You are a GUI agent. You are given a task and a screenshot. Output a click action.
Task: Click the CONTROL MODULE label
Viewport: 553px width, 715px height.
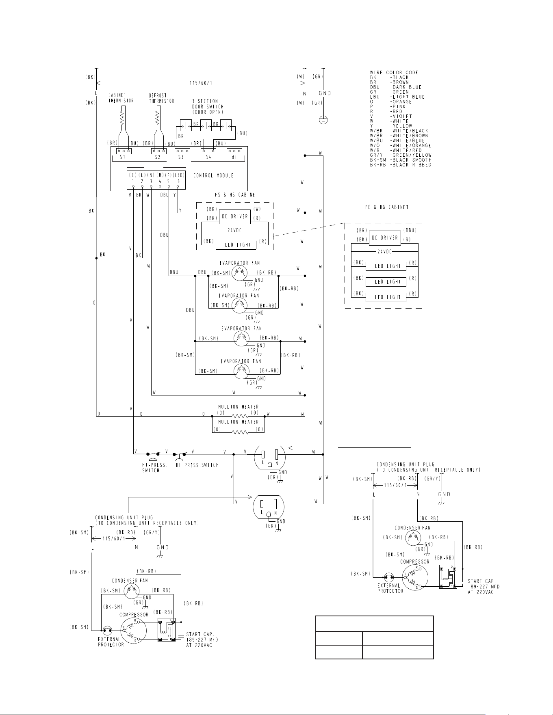(213, 176)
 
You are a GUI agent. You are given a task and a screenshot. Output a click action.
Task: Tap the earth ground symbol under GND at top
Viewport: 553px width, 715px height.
(323, 120)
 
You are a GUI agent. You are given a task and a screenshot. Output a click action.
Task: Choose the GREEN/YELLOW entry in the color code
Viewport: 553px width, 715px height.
(400, 155)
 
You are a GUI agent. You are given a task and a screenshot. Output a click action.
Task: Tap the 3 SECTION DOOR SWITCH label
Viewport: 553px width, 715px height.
(208, 106)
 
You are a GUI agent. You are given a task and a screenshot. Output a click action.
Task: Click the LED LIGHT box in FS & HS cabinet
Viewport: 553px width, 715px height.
(235, 245)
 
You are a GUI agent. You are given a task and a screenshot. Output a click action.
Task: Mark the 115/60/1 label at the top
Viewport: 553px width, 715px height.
(201, 84)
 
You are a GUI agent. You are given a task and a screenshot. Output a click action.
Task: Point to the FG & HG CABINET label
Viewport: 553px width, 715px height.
(386, 207)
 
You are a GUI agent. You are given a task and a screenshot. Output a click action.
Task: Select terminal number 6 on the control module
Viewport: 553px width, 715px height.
(178, 181)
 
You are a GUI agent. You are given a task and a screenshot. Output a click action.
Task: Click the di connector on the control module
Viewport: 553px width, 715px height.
(234, 151)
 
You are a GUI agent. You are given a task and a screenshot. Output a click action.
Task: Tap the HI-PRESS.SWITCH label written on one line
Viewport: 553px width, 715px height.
(197, 465)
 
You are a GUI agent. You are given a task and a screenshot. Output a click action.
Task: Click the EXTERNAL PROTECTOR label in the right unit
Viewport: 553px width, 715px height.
(390, 588)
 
